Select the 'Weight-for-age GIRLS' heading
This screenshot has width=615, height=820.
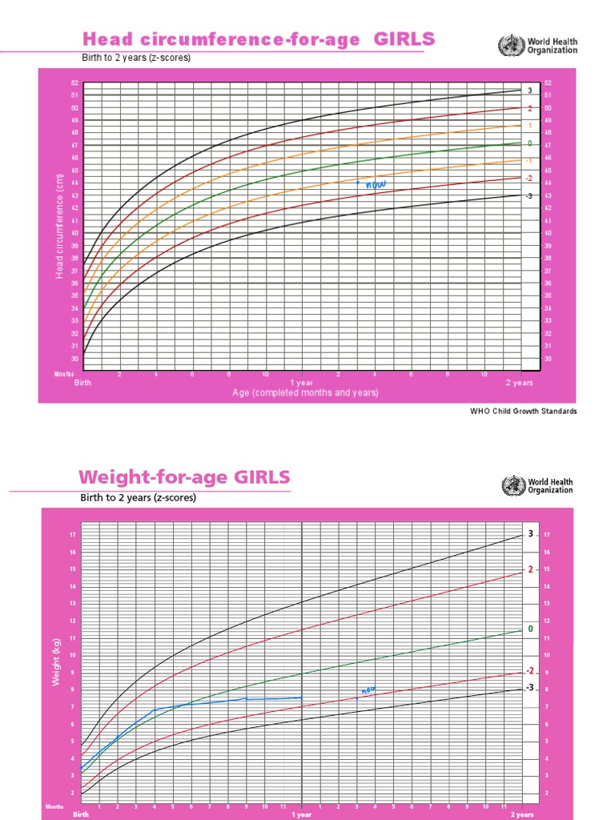point(184,478)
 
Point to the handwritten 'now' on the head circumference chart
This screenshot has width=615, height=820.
point(375,185)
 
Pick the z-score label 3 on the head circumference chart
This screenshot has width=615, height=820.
point(529,90)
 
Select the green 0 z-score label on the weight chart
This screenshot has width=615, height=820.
point(529,629)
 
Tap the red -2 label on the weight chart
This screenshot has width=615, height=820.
point(529,671)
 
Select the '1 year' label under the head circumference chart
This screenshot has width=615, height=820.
point(301,383)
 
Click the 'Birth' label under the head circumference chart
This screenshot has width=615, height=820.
point(82,383)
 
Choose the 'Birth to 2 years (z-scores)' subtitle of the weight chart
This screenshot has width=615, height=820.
point(138,497)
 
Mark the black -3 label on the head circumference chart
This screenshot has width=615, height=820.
point(529,195)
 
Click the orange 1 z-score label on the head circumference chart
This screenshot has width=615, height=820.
point(529,126)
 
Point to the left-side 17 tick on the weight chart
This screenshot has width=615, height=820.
point(72,535)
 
